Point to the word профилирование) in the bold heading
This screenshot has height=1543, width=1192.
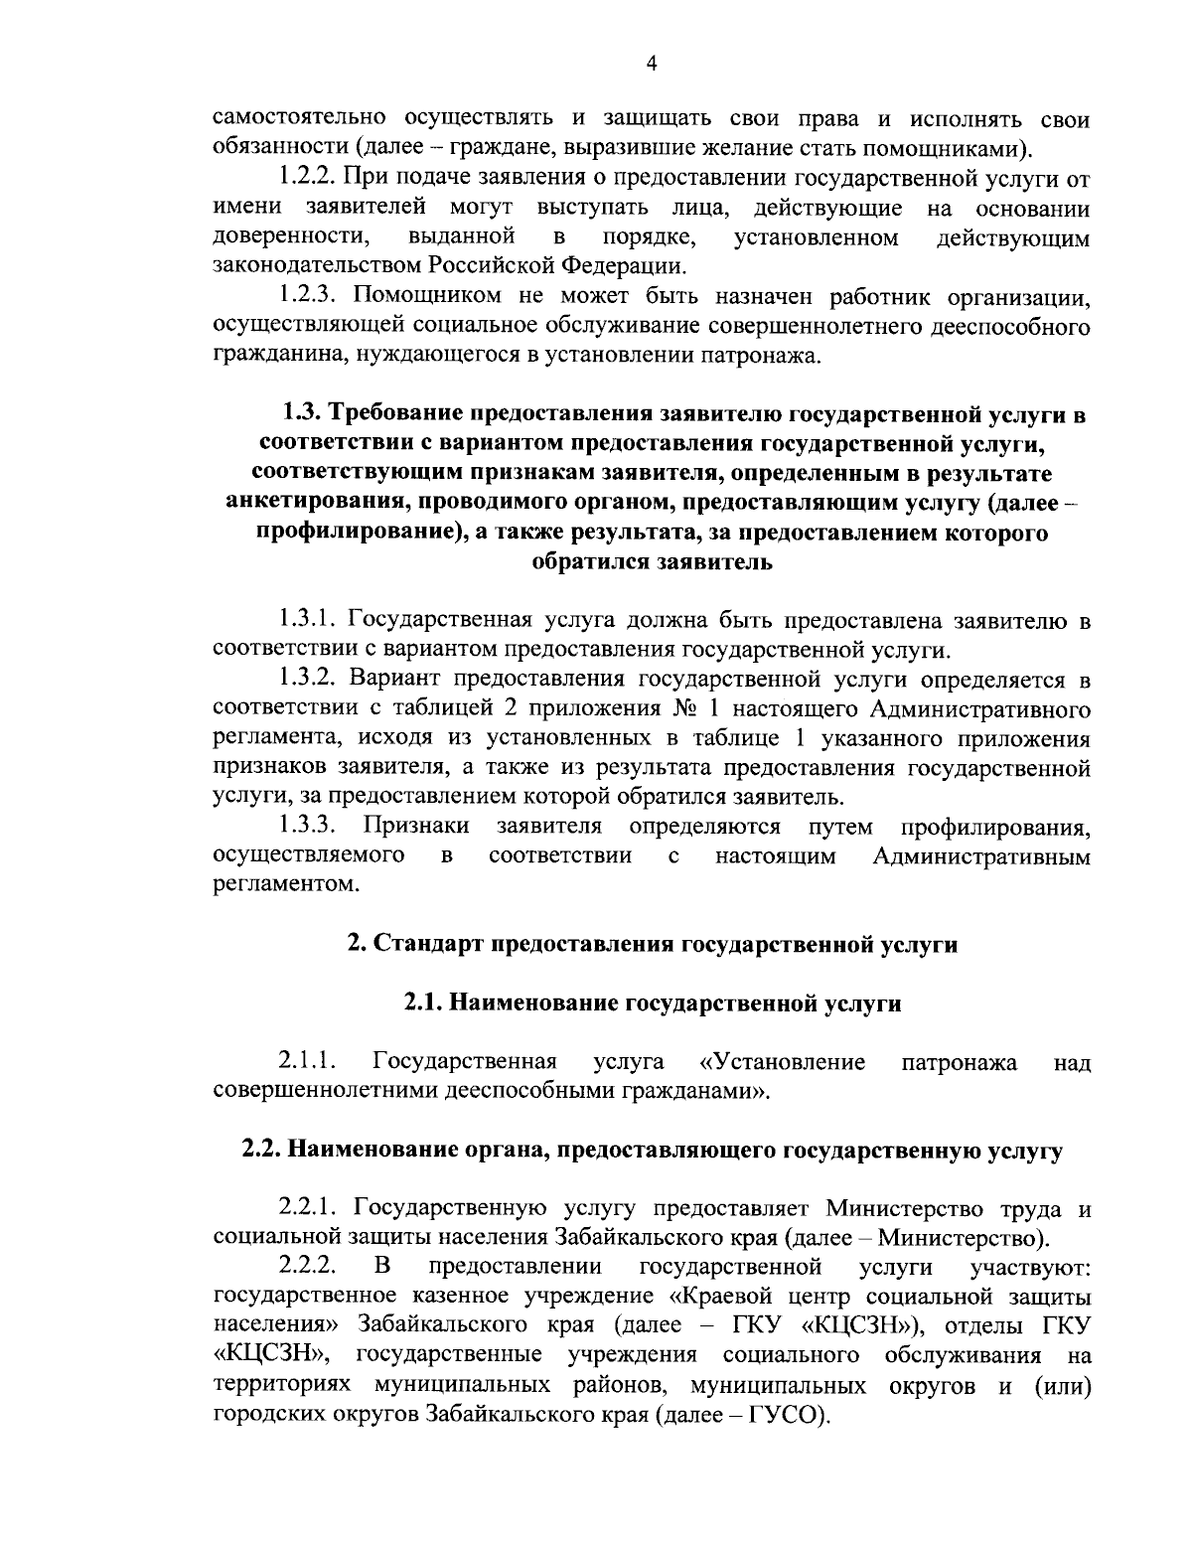tap(358, 534)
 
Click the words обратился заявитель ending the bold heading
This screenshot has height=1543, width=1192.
tap(652, 562)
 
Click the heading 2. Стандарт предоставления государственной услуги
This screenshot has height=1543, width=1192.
tap(652, 944)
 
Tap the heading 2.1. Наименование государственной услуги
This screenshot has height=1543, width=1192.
tap(652, 1003)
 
